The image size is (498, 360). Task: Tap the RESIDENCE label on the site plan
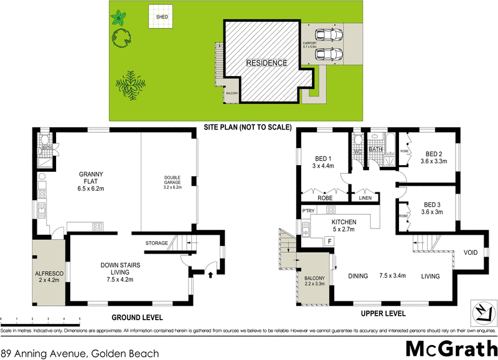(x=266, y=63)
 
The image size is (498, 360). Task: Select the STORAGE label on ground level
(x=157, y=242)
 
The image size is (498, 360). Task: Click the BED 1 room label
(x=322, y=161)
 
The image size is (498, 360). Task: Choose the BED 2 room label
(x=434, y=158)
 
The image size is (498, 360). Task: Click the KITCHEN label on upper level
(x=344, y=225)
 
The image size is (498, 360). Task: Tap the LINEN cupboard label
(x=365, y=198)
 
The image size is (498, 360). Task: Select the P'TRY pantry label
(x=308, y=211)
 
